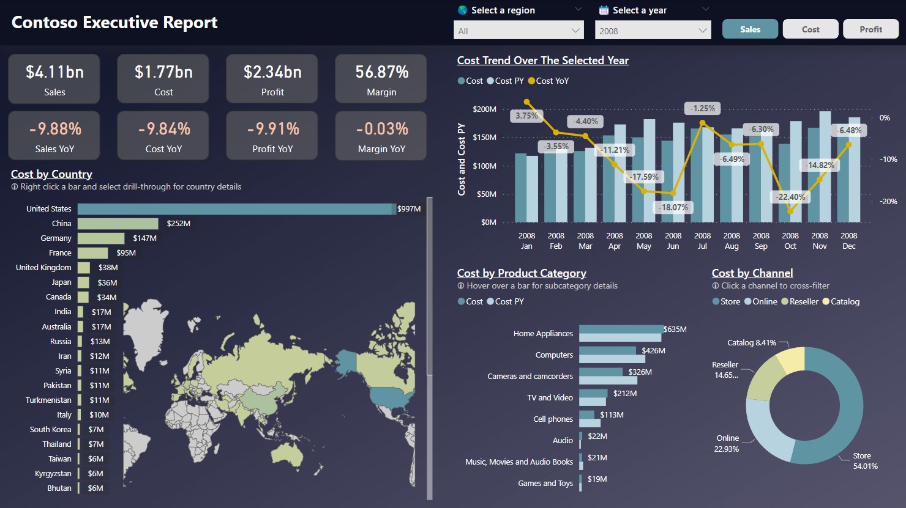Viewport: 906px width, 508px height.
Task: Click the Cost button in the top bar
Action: (810, 29)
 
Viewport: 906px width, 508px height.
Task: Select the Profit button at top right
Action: (870, 29)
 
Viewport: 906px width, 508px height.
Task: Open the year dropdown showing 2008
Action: (653, 31)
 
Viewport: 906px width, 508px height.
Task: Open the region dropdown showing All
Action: (519, 31)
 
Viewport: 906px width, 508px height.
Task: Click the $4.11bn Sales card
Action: (54, 79)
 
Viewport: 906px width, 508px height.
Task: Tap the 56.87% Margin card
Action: (381, 79)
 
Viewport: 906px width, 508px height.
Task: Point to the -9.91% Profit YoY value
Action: (272, 129)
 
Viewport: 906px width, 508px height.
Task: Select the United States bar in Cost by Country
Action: (236, 209)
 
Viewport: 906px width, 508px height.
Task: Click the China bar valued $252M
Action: (118, 224)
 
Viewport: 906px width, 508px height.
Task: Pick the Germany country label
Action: (56, 238)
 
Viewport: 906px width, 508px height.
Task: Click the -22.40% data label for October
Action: (790, 197)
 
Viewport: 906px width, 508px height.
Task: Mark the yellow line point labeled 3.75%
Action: (527, 102)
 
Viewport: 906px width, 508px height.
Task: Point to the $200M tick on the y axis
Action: (484, 109)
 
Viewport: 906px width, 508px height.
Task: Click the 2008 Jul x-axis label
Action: (702, 241)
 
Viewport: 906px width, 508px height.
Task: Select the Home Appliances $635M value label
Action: (675, 329)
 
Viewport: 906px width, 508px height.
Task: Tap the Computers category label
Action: (554, 355)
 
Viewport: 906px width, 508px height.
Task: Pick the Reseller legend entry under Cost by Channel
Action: (799, 301)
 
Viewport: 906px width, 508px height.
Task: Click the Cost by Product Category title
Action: (522, 273)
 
